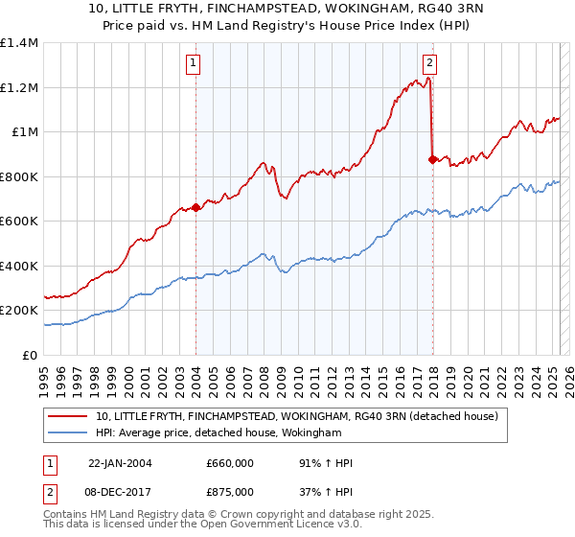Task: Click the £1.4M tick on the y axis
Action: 19,43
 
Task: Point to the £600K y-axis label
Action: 19,222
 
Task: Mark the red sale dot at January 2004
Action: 196,207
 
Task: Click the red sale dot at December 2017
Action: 432,159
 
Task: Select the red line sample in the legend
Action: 68,417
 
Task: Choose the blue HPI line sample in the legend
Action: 68,433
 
